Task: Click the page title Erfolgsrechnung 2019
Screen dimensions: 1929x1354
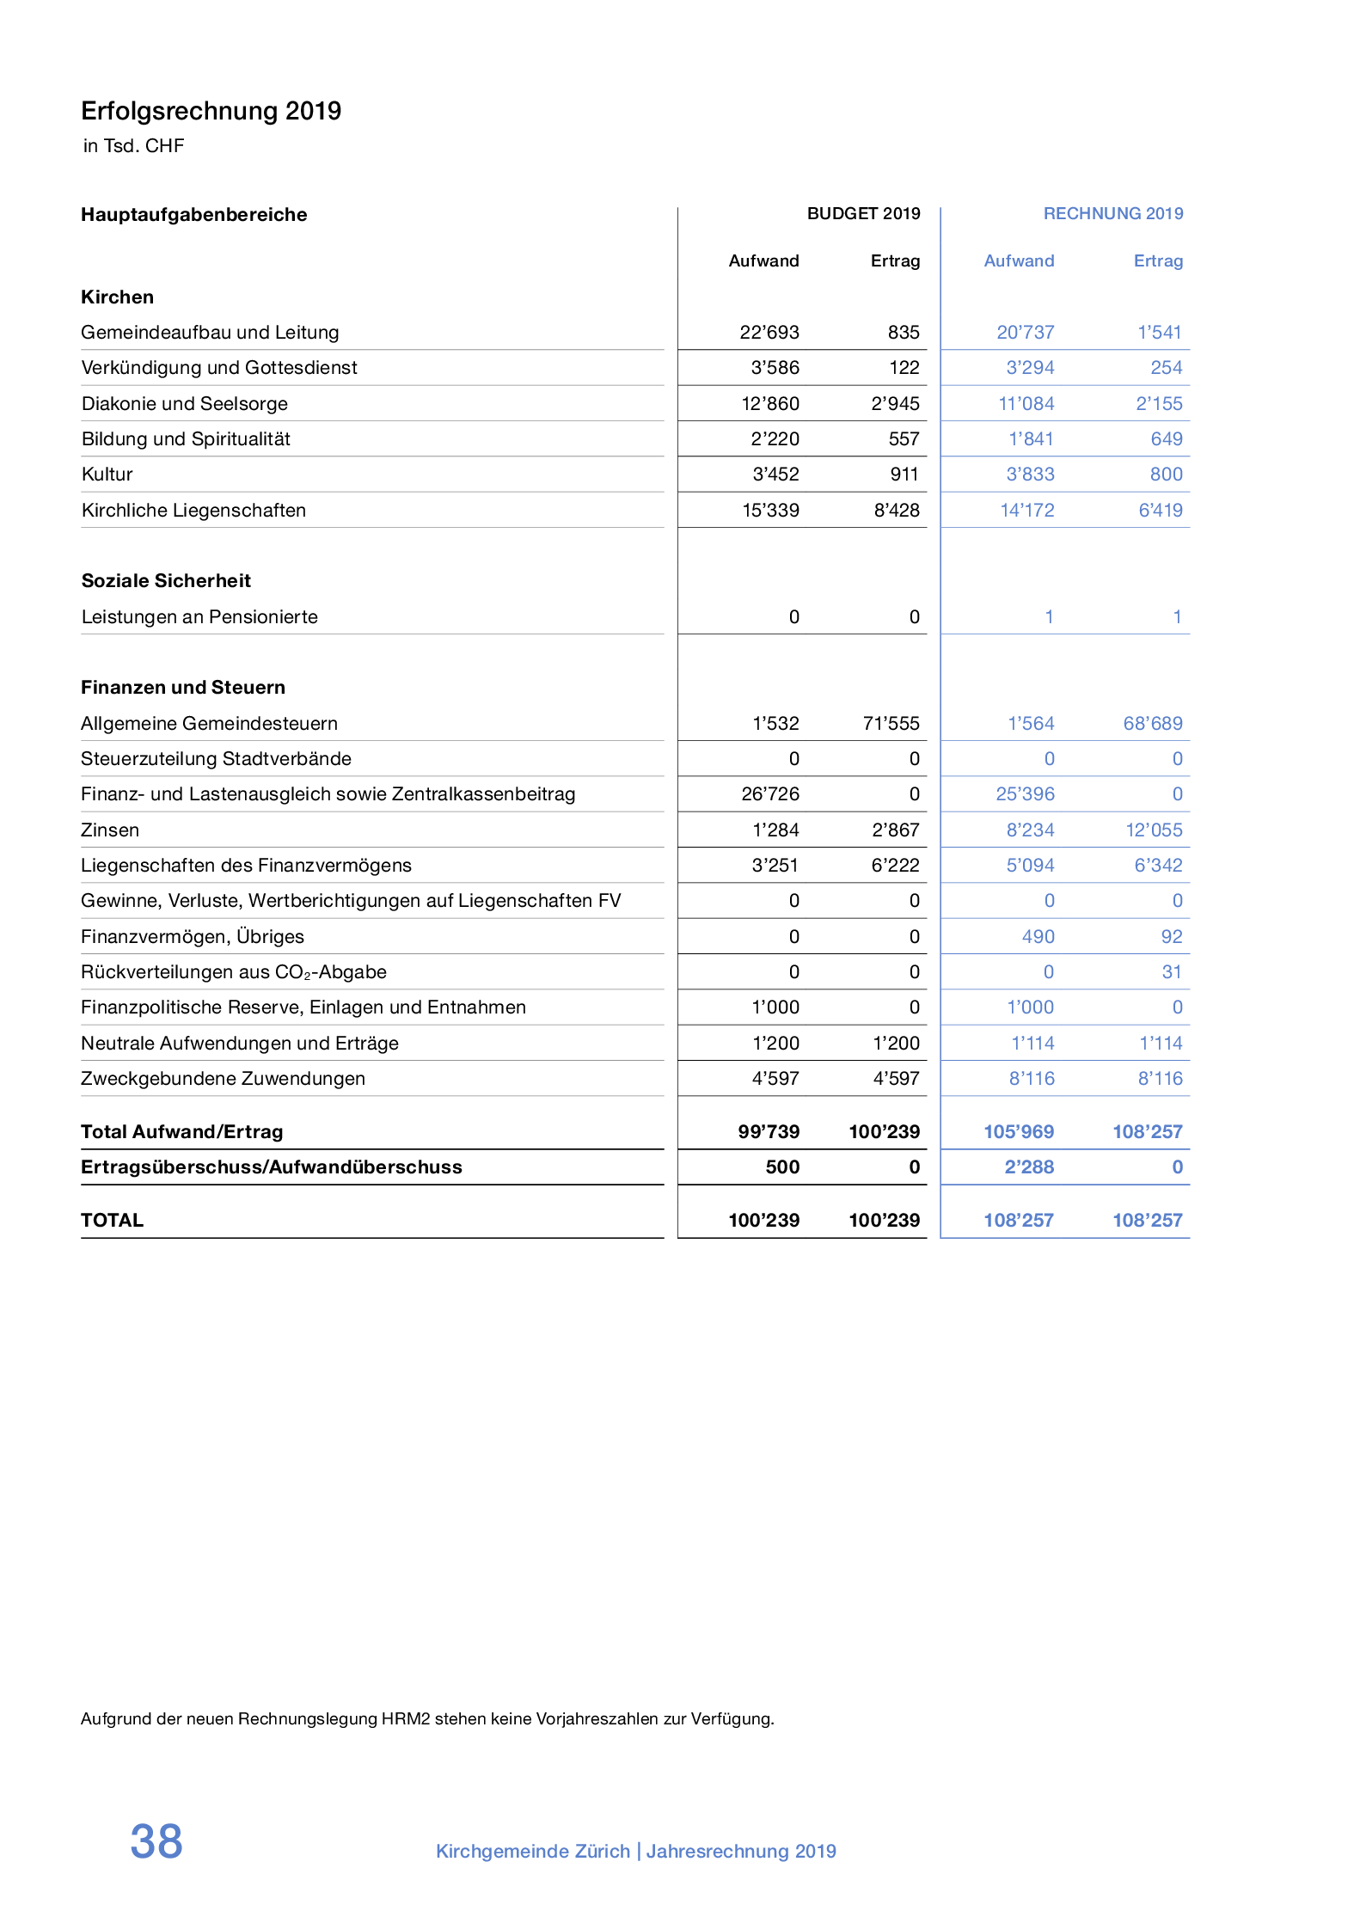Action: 211,111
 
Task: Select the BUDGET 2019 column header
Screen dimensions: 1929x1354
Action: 863,213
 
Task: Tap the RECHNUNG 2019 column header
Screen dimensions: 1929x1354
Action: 1112,213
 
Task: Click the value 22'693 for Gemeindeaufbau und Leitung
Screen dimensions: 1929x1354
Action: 769,333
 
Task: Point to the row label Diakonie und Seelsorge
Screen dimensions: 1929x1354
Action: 185,404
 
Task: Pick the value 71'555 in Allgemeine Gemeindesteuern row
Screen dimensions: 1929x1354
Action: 891,724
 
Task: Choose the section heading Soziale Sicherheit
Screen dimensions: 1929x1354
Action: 166,581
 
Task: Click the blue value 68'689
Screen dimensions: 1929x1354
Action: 1152,724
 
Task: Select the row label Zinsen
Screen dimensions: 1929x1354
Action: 110,830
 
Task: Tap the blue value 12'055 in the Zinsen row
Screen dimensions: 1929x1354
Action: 1154,830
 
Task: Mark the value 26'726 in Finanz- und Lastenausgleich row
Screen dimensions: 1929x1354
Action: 770,794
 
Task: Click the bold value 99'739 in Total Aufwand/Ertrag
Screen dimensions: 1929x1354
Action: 769,1132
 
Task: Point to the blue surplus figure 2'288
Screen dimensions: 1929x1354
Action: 1029,1167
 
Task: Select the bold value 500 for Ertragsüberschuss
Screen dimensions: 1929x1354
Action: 782,1167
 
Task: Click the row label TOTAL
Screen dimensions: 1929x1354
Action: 113,1221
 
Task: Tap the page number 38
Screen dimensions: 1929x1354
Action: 156,1841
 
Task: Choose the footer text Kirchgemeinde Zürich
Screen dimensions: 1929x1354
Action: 533,1851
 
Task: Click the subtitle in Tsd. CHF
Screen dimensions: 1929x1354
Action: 133,146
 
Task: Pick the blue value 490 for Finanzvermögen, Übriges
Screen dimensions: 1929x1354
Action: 1038,937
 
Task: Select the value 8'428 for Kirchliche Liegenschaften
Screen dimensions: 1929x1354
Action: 896,511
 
